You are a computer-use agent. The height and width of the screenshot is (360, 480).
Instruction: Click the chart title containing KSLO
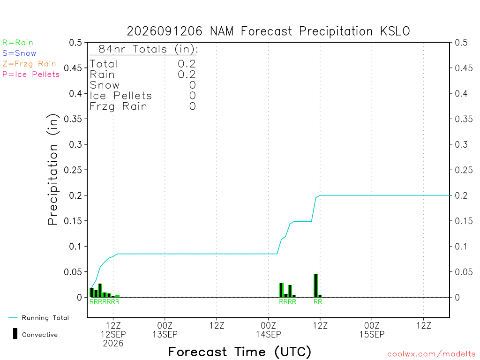coord(268,31)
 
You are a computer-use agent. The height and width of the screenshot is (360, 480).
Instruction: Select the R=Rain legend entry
coord(18,43)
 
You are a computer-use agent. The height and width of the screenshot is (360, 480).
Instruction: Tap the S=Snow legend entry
coord(19,53)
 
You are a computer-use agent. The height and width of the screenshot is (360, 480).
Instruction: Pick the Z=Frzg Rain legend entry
coord(30,64)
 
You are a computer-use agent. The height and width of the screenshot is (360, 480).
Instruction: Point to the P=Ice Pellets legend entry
coord(31,75)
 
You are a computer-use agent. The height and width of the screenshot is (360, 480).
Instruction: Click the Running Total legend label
coord(45,318)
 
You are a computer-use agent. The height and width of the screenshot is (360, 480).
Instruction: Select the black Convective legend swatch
coord(15,334)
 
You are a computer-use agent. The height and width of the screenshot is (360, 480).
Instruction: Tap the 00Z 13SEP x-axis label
coord(165,330)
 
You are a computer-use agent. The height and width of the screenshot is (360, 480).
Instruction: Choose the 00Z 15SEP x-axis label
coord(372,330)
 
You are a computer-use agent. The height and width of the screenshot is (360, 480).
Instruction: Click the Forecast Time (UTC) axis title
coord(240,352)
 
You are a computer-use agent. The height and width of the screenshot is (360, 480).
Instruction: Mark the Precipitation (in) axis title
coord(52,170)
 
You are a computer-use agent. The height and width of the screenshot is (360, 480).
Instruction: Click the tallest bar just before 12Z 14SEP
coord(315,285)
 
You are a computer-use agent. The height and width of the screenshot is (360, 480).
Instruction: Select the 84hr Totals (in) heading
coord(148,49)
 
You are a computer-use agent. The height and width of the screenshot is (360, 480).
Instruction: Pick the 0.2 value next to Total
coord(187,64)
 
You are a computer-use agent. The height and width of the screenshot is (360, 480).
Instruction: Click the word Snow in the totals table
coord(105,85)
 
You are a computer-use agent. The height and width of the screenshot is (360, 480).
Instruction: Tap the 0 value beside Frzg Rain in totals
coord(193,106)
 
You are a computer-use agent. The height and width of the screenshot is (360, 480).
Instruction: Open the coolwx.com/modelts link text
coord(431,354)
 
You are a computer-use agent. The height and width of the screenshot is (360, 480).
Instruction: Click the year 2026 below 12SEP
coord(113,344)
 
